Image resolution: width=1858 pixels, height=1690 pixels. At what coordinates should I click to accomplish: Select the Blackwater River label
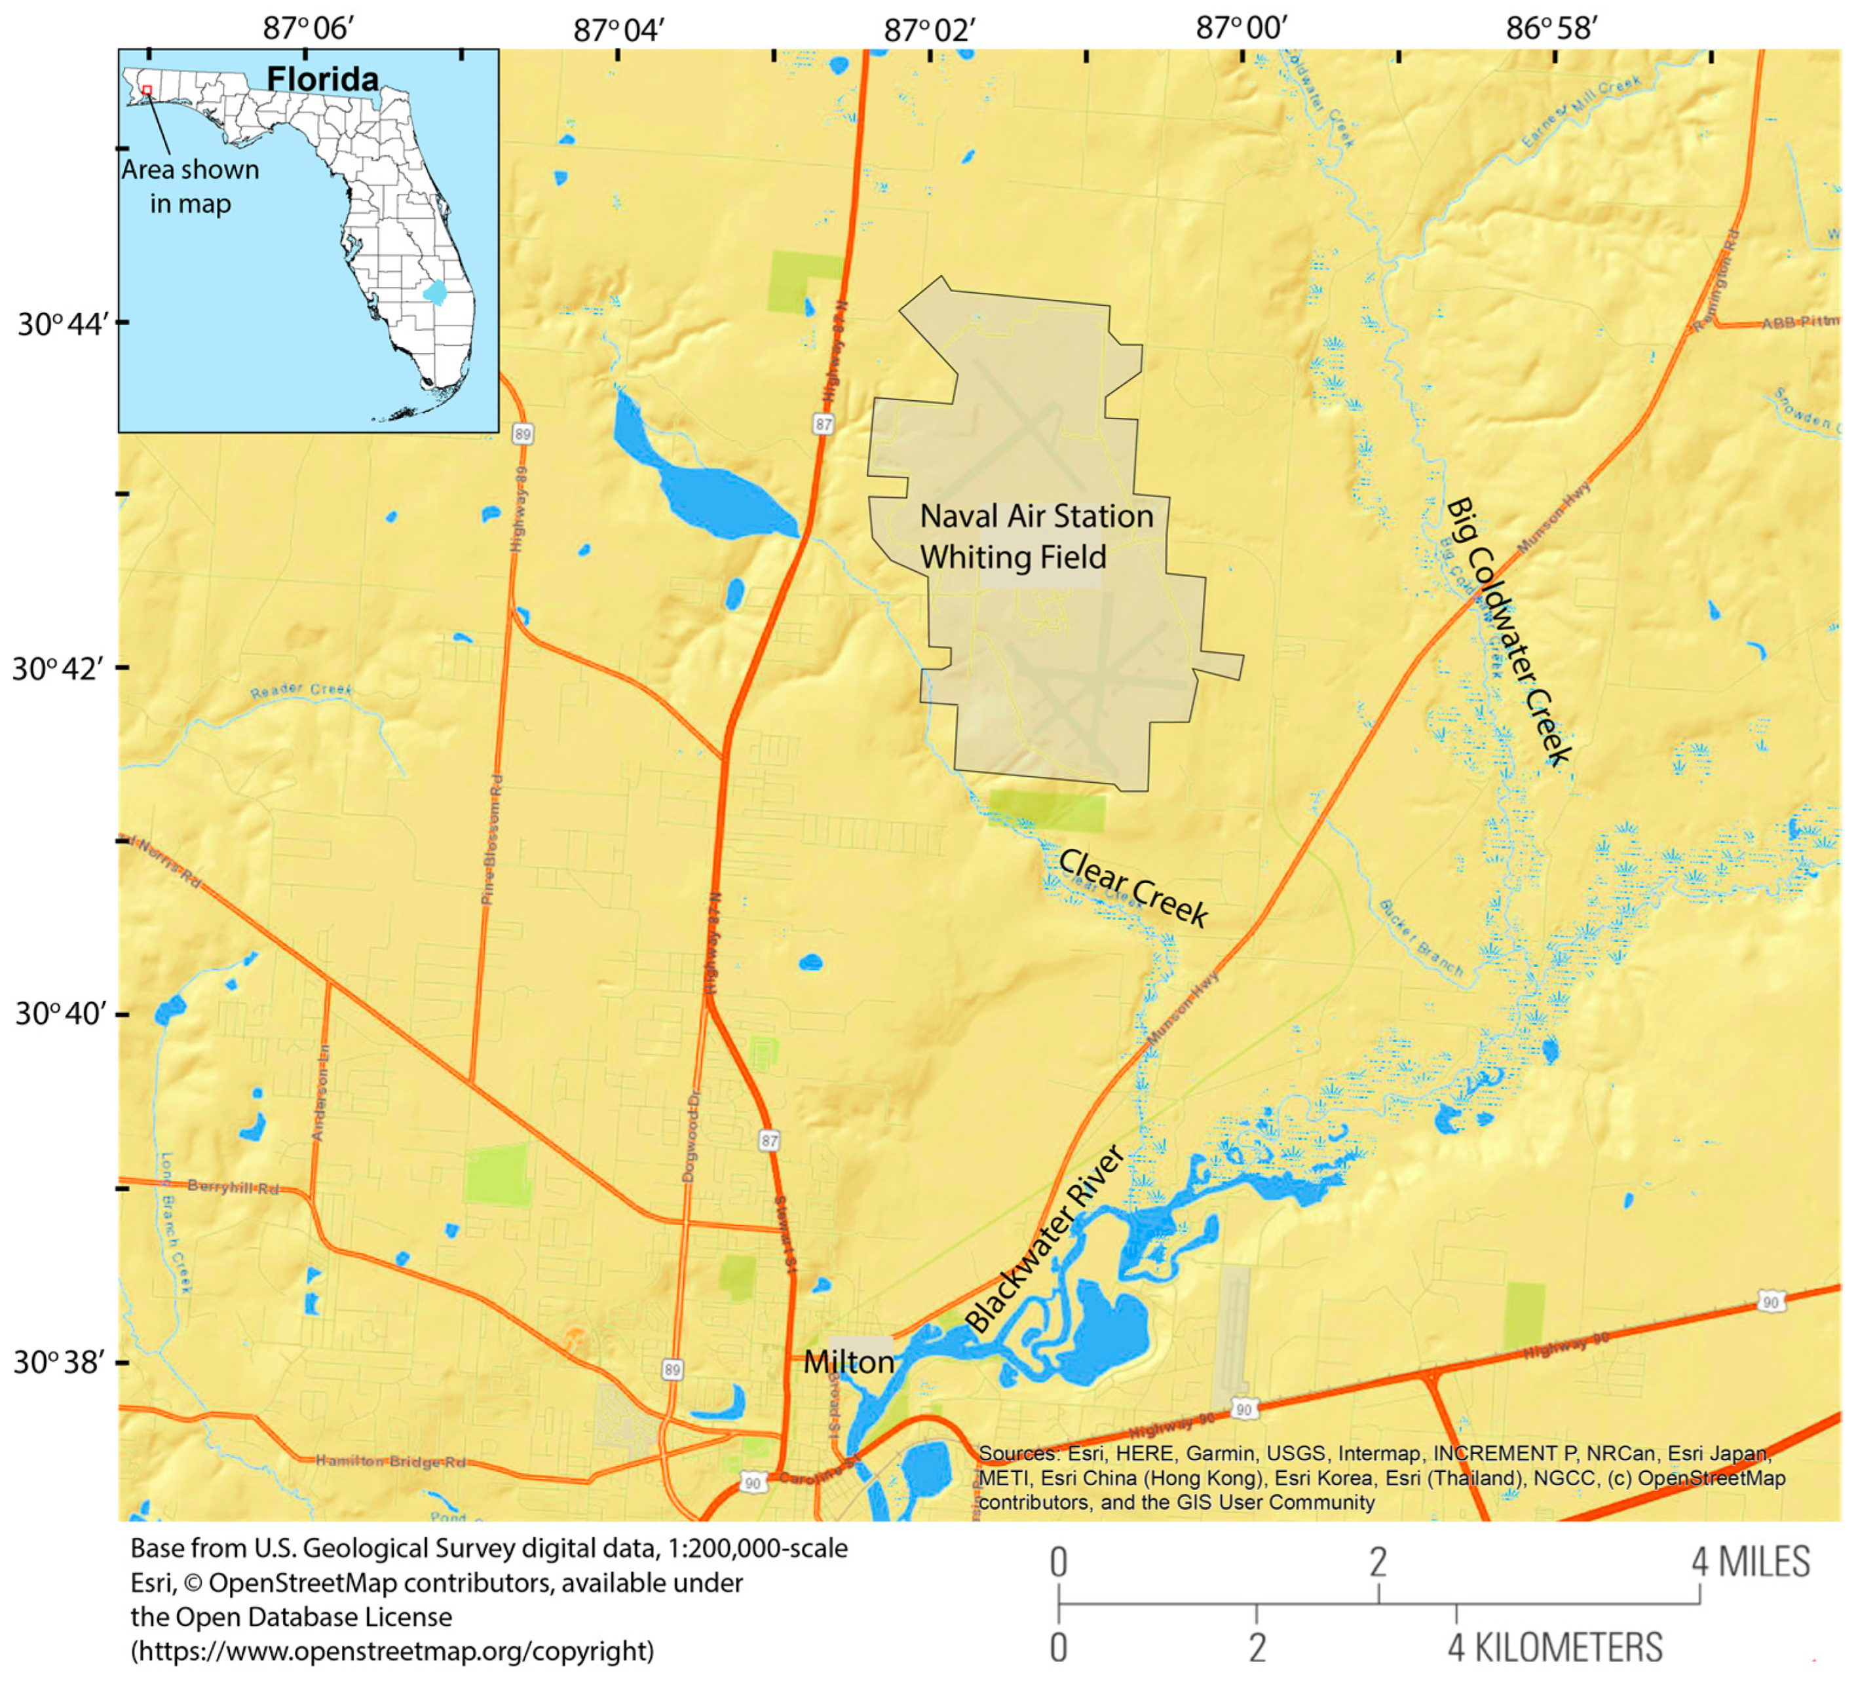tap(1044, 1239)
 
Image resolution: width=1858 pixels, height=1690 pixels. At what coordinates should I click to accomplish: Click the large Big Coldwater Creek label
tap(1509, 631)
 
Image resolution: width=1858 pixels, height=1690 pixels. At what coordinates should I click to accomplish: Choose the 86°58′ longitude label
tap(1551, 29)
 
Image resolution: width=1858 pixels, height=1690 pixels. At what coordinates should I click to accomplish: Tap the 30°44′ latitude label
tap(63, 324)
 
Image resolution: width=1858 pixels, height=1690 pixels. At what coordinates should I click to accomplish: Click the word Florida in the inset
tap(322, 79)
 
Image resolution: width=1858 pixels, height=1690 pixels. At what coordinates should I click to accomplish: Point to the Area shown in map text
tap(191, 186)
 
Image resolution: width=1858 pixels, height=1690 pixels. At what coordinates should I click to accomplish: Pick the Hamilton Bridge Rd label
tap(390, 1461)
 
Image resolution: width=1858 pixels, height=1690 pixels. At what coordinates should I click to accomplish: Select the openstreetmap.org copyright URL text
tap(392, 1651)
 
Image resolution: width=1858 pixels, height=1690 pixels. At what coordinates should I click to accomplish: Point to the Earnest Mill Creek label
tap(1582, 111)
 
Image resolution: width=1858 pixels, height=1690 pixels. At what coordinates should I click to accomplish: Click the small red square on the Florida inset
tap(147, 90)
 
